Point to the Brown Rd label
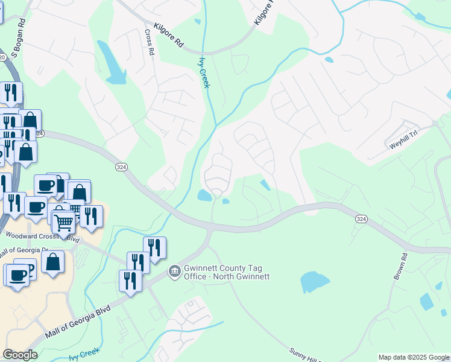[x=400, y=265]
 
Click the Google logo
[x=20, y=355]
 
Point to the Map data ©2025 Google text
[x=413, y=357]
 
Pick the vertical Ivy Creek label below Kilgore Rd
[x=204, y=73]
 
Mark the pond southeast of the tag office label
[x=314, y=282]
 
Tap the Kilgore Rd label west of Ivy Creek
[x=168, y=36]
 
